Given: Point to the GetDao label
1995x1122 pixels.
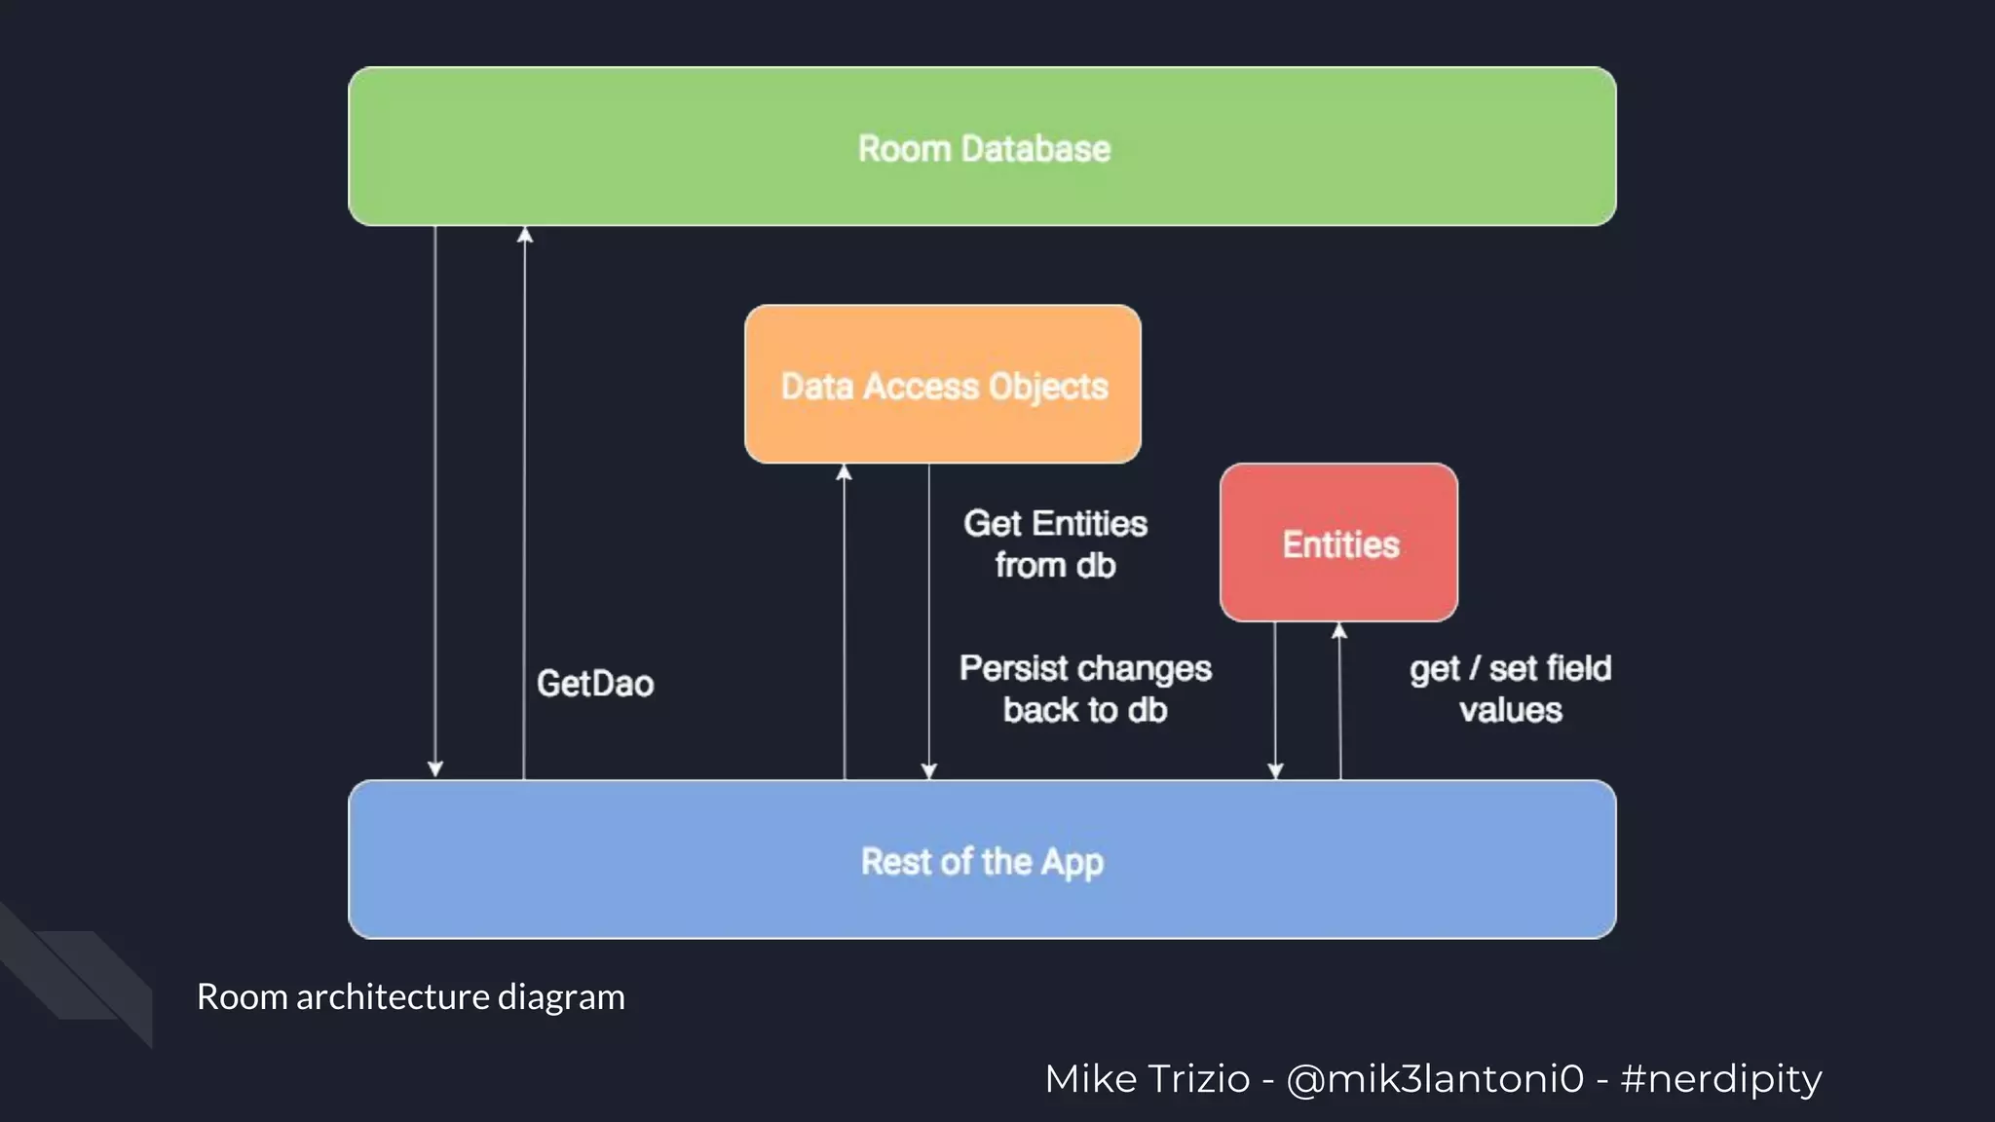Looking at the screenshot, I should (595, 684).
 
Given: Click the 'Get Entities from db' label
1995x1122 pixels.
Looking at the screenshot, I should (1055, 544).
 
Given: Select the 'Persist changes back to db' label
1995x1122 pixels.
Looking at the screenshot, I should (1085, 689).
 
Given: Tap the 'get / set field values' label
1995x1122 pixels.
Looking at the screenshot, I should (1510, 689).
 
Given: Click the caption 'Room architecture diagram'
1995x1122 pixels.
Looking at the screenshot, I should (410, 996).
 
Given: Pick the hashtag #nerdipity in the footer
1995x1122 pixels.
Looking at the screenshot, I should (1721, 1079).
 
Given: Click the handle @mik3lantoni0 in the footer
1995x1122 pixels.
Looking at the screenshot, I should (1435, 1079).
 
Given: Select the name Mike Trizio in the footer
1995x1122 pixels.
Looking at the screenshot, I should (1147, 1079).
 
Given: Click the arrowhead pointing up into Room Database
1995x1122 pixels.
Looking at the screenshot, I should (525, 235).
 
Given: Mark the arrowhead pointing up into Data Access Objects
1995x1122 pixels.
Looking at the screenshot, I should (845, 472).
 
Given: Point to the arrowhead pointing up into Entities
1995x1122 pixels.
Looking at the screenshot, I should (1339, 631).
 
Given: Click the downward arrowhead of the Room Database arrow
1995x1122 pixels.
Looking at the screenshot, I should (435, 769).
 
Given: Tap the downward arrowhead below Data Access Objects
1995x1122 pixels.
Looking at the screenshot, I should (929, 770).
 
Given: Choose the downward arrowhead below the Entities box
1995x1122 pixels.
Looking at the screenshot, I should (1275, 770).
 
